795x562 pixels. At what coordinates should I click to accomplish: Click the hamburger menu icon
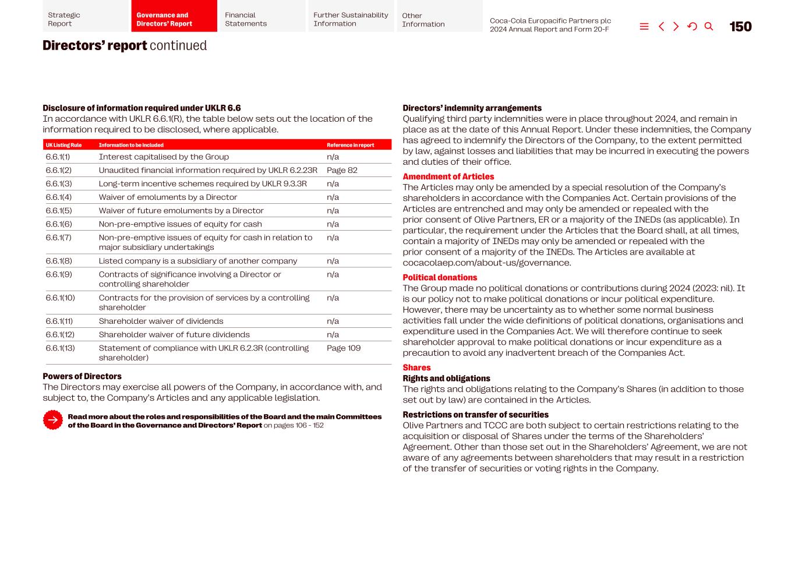click(644, 27)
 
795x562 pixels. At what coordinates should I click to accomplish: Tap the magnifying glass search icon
click(709, 27)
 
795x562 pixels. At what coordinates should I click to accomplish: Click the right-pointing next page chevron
click(676, 27)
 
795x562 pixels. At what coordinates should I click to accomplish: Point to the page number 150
click(740, 27)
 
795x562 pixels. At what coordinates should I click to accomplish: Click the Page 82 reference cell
click(342, 170)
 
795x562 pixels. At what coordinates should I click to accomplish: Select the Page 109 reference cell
click(344, 348)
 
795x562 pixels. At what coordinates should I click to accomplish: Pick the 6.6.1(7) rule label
click(58, 238)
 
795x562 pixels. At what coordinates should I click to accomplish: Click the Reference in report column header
click(350, 145)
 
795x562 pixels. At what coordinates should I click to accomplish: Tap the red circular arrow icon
click(52, 420)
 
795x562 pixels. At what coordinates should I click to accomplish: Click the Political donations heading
click(440, 278)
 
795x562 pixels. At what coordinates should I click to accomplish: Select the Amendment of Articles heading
click(448, 176)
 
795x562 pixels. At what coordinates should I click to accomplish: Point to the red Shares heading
click(416, 367)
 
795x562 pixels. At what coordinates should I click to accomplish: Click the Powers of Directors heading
click(82, 376)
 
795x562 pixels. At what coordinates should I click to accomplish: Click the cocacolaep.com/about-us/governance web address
click(486, 263)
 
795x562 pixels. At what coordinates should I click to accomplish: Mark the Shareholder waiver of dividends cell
click(161, 321)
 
